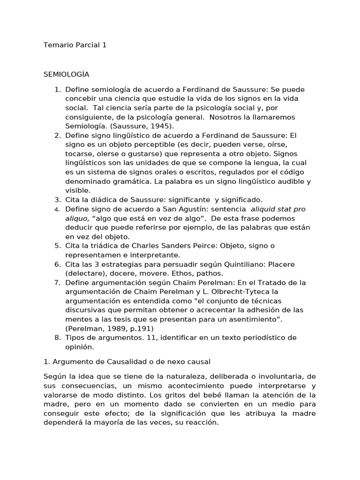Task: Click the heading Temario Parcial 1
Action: pos(75,45)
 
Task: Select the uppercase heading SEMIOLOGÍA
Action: pos(66,74)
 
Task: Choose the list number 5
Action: pos(57,245)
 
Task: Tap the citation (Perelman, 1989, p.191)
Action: pos(109,328)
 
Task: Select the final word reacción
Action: pos(202,422)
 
